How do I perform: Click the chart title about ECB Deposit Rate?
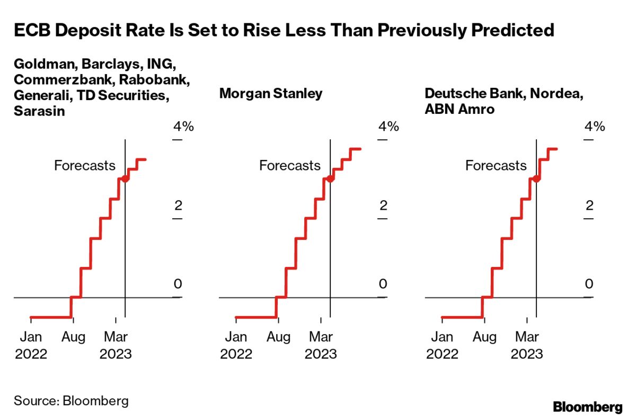pos(284,31)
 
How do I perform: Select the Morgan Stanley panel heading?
pos(270,94)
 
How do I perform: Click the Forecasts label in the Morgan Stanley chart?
pos(289,165)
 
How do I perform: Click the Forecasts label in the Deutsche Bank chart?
pos(496,165)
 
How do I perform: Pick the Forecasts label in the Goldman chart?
pos(84,165)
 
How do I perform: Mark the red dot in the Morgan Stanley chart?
pos(330,179)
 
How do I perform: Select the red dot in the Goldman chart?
pos(125,179)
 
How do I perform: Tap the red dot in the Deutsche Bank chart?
pos(536,179)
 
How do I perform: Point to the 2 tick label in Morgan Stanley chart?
pos(383,205)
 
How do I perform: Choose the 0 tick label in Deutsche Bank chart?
pos(588,284)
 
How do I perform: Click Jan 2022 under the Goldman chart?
pos(31,345)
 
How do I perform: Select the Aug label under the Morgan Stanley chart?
pos(278,337)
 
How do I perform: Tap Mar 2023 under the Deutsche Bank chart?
pos(527,345)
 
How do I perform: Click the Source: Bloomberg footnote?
pos(71,400)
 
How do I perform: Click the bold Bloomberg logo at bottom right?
pos(588,407)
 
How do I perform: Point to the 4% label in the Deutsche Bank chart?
pos(595,127)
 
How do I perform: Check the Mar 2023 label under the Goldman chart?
pos(116,345)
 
